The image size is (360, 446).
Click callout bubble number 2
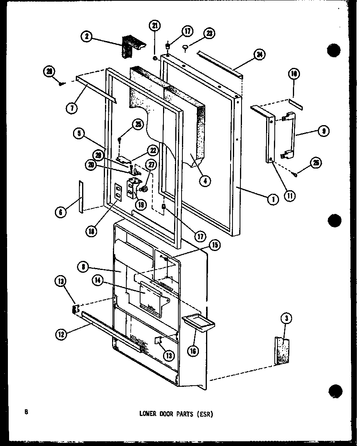tap(86, 37)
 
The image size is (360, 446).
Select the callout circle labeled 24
tap(259, 55)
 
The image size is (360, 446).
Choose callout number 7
tap(71, 108)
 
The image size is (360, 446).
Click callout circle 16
tap(193, 350)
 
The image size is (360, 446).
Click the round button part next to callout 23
tap(185, 48)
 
